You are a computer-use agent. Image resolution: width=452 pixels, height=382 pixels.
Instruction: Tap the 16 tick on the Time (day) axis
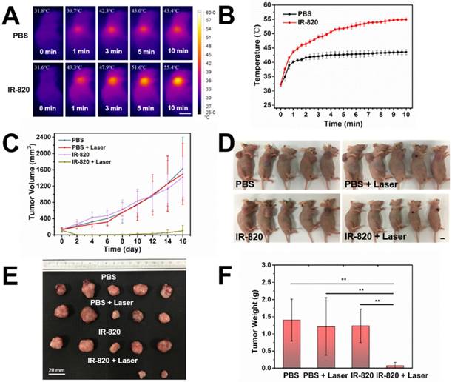[182, 241]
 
